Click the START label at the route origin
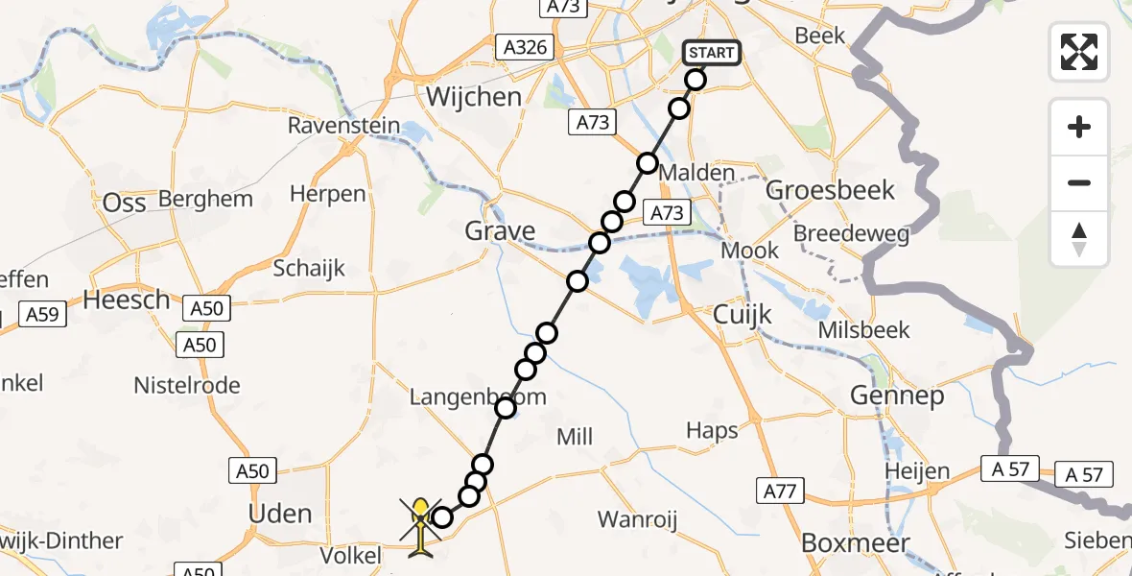pos(712,53)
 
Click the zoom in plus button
pos(1079,127)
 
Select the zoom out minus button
pos(1079,182)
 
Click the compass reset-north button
pos(1079,239)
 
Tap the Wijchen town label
pos(474,97)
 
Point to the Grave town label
pos(500,230)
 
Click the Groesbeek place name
pos(831,190)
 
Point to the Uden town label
pos(279,514)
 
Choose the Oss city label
pos(125,203)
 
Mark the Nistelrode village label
pos(188,385)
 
